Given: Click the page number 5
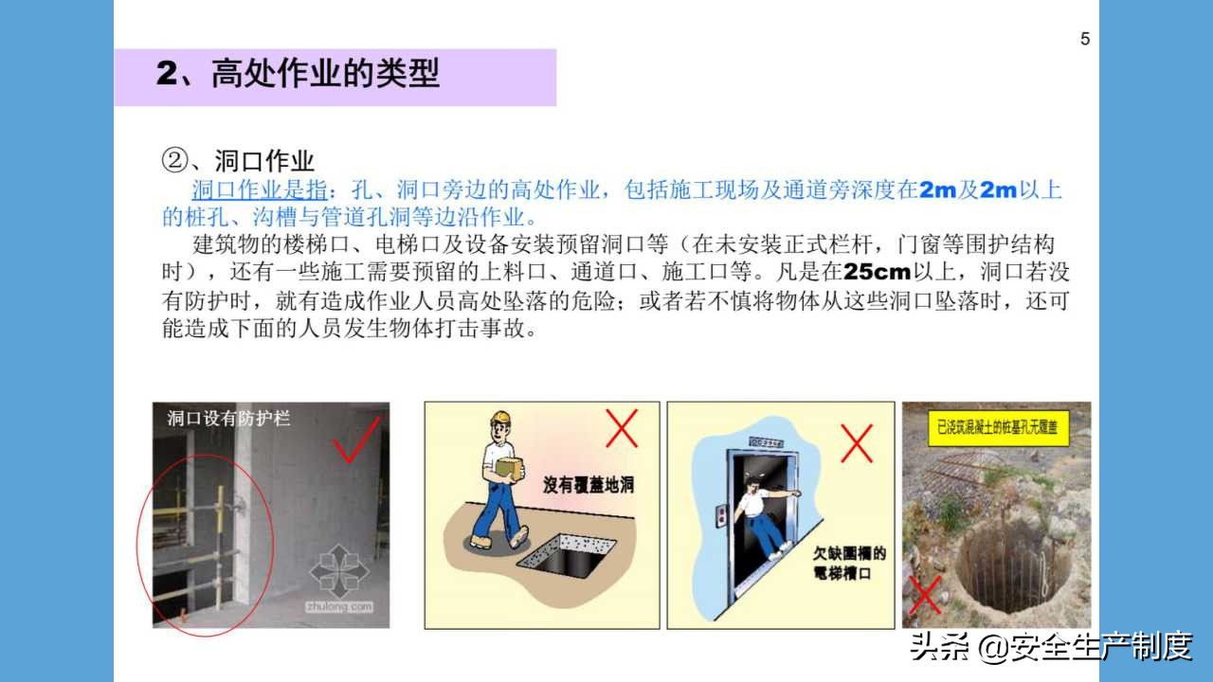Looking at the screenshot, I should (x=1085, y=39).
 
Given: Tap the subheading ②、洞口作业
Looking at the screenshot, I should (x=238, y=160).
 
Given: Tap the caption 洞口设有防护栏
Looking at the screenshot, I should (x=228, y=418).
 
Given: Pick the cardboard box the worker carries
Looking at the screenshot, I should (x=509, y=469).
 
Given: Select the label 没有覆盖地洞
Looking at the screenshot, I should (x=588, y=486).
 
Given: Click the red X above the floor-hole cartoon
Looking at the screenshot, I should (x=622, y=428).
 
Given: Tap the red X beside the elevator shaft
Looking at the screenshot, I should (x=857, y=442).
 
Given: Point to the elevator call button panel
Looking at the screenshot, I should (x=720, y=515).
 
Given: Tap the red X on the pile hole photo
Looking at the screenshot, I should (x=925, y=594).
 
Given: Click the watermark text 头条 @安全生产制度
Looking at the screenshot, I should (x=1050, y=648).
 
